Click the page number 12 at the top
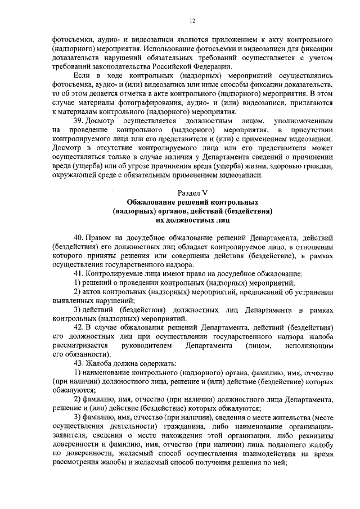[192, 21]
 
